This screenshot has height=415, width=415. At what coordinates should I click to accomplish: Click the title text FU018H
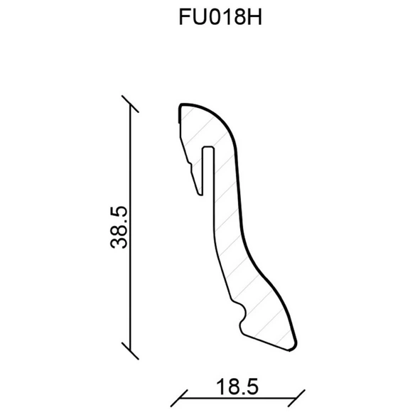click(x=220, y=16)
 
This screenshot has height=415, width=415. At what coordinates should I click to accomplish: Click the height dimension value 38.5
click(x=119, y=227)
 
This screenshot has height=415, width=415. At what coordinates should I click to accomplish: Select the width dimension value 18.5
click(x=237, y=387)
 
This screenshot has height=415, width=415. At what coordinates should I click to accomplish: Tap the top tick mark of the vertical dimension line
click(x=130, y=104)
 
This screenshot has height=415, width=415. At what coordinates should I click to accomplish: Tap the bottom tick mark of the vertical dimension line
click(x=130, y=350)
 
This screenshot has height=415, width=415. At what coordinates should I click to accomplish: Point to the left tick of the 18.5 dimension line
click(x=179, y=398)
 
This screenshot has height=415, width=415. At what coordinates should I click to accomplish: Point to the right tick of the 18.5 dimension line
click(x=296, y=398)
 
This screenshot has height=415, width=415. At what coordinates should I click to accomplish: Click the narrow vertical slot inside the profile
click(x=208, y=171)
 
